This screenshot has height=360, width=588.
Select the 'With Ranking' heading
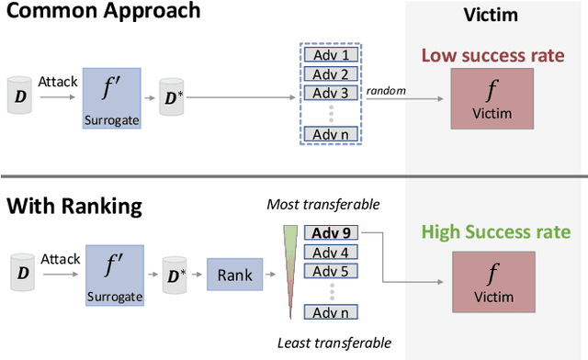[x=74, y=205]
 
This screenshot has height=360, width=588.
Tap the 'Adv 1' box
[x=330, y=56]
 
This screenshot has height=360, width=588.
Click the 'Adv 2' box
[x=330, y=74]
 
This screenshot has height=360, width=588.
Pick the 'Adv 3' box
[x=330, y=93]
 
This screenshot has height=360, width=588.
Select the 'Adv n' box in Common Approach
[x=330, y=135]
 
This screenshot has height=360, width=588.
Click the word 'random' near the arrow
[x=386, y=90]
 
